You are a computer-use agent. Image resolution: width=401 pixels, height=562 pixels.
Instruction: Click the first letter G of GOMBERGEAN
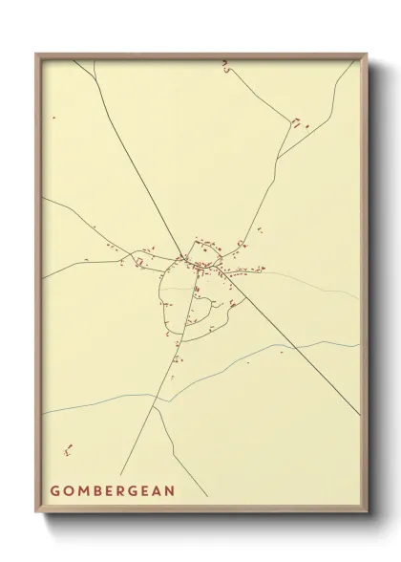click(x=55, y=491)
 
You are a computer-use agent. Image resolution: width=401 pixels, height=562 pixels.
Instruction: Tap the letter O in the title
click(x=70, y=491)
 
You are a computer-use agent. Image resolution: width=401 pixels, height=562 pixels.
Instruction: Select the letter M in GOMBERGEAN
click(x=85, y=491)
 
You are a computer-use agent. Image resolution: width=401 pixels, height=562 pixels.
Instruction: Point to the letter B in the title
click(x=99, y=491)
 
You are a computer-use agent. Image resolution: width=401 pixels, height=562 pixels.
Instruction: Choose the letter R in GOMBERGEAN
click(x=126, y=491)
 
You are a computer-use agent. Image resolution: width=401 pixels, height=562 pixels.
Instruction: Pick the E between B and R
click(x=113, y=491)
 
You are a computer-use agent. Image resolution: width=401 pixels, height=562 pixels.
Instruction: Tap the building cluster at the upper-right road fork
click(x=299, y=122)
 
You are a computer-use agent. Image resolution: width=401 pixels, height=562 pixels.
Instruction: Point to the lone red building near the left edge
click(x=54, y=118)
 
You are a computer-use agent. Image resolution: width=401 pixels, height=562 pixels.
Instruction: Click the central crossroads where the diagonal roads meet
click(x=181, y=255)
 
